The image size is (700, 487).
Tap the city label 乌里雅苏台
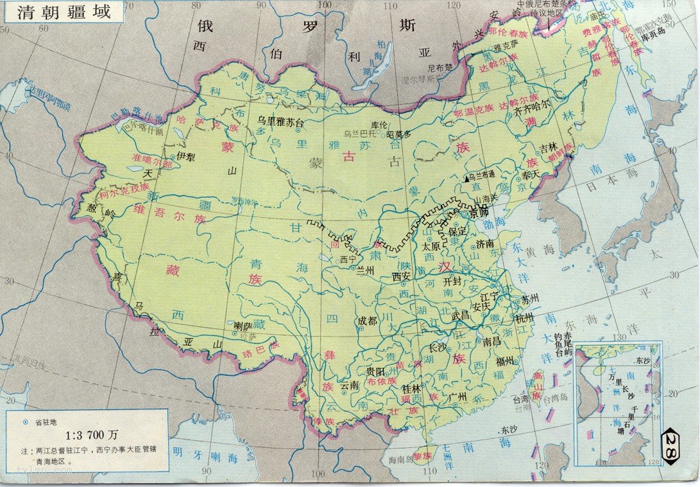pyautogui.click(x=280, y=120)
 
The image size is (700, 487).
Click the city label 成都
pyautogui.click(x=368, y=321)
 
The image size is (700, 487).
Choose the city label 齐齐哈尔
pyautogui.click(x=533, y=111)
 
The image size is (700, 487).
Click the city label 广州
pyautogui.click(x=457, y=396)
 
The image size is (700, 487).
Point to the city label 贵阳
pyautogui.click(x=375, y=371)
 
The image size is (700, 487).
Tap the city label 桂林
pyautogui.click(x=411, y=389)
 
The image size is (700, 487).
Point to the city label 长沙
pyautogui.click(x=438, y=348)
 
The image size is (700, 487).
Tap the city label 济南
pyautogui.click(x=485, y=244)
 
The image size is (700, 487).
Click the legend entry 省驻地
pyautogui.click(x=47, y=422)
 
